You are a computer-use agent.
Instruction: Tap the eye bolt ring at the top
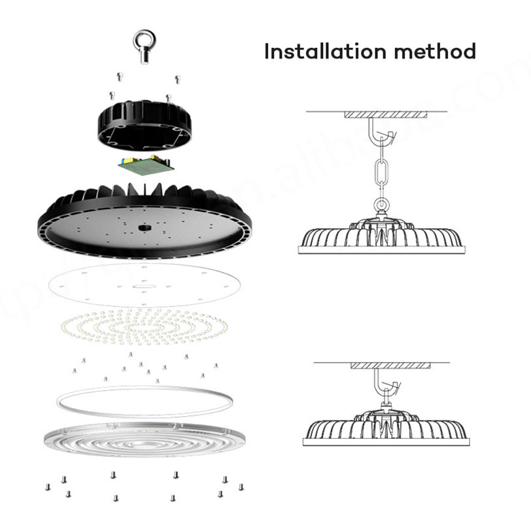click(x=144, y=41)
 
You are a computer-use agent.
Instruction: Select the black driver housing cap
click(x=145, y=124)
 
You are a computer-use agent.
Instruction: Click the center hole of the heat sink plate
click(x=144, y=227)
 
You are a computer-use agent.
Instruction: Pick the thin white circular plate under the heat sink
click(x=144, y=284)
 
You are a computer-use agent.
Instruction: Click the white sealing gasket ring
click(x=144, y=401)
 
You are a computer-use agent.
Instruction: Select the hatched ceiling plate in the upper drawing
click(x=385, y=114)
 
